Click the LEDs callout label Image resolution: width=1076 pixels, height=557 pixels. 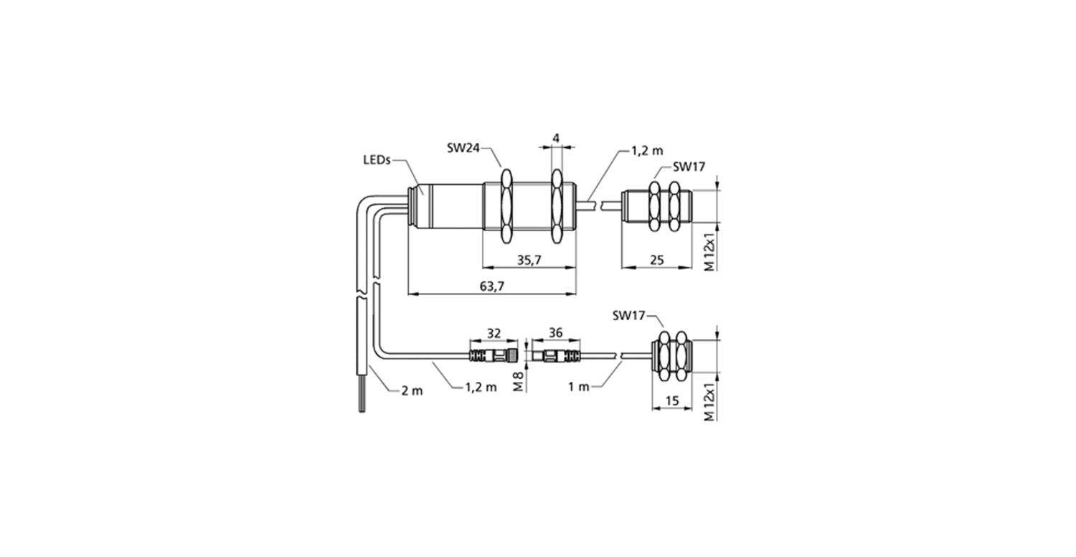click(377, 160)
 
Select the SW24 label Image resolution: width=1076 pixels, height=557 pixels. click(463, 148)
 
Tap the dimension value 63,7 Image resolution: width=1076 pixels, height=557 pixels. click(492, 286)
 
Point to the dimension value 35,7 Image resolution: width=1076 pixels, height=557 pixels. click(529, 260)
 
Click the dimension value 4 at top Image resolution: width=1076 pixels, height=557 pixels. click(556, 139)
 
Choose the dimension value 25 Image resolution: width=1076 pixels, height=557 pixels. click(656, 260)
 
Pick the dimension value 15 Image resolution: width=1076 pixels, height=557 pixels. click(673, 401)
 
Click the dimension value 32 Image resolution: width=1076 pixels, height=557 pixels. click(494, 333)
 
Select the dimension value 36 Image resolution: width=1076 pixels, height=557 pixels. click(555, 332)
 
